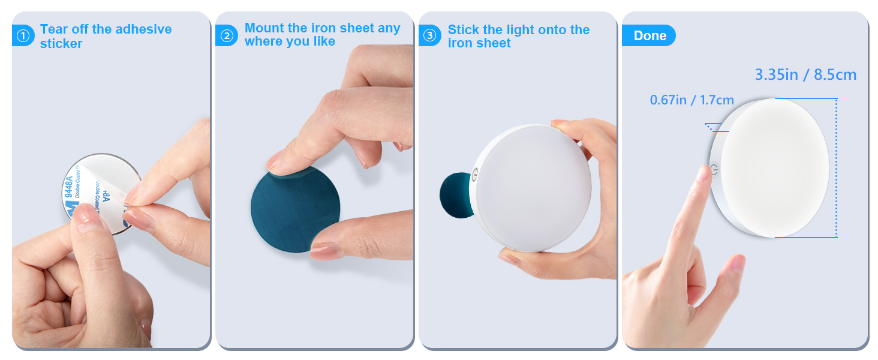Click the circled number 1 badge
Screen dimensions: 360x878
23,37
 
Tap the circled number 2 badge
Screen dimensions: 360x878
226,36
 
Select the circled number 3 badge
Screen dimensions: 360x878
429,36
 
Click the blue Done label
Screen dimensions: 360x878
650,36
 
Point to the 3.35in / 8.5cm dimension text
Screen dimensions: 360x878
805,75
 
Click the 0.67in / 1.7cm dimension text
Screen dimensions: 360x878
691,100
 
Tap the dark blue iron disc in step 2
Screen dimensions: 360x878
295,210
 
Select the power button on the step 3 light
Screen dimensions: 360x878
476,172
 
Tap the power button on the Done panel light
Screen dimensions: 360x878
714,171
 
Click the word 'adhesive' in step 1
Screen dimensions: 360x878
142,29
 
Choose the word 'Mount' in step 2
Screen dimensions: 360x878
264,28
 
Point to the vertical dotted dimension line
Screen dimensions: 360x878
835,168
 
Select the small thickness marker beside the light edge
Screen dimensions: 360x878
712,127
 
